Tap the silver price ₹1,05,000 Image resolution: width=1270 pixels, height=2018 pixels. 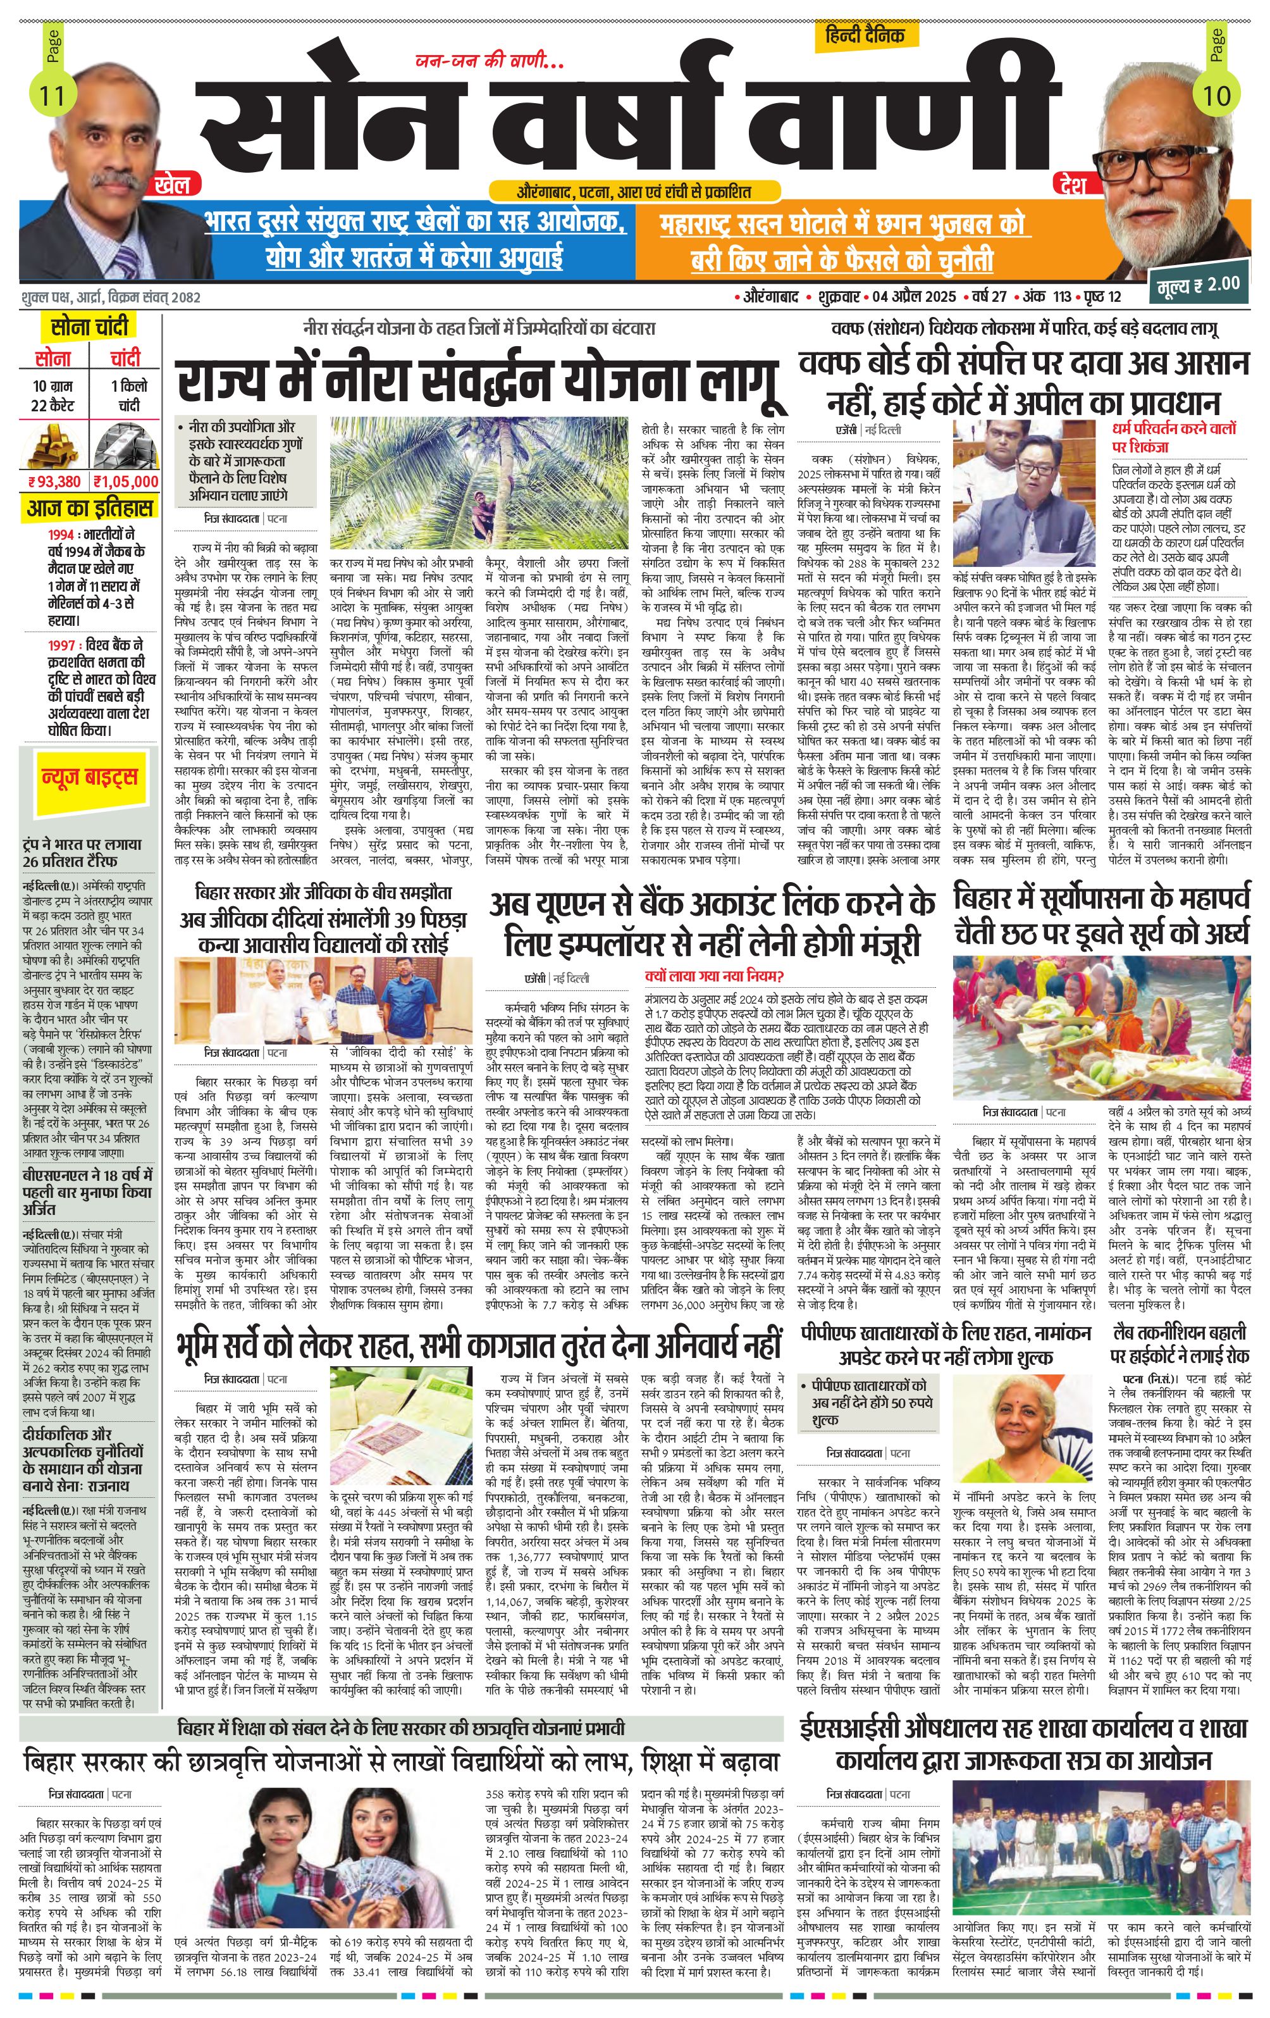[x=126, y=481]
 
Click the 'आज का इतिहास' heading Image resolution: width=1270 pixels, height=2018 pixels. [x=90, y=508]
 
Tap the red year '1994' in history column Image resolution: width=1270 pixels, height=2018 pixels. [x=63, y=534]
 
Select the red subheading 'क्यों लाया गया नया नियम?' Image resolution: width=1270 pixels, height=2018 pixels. [x=725, y=976]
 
